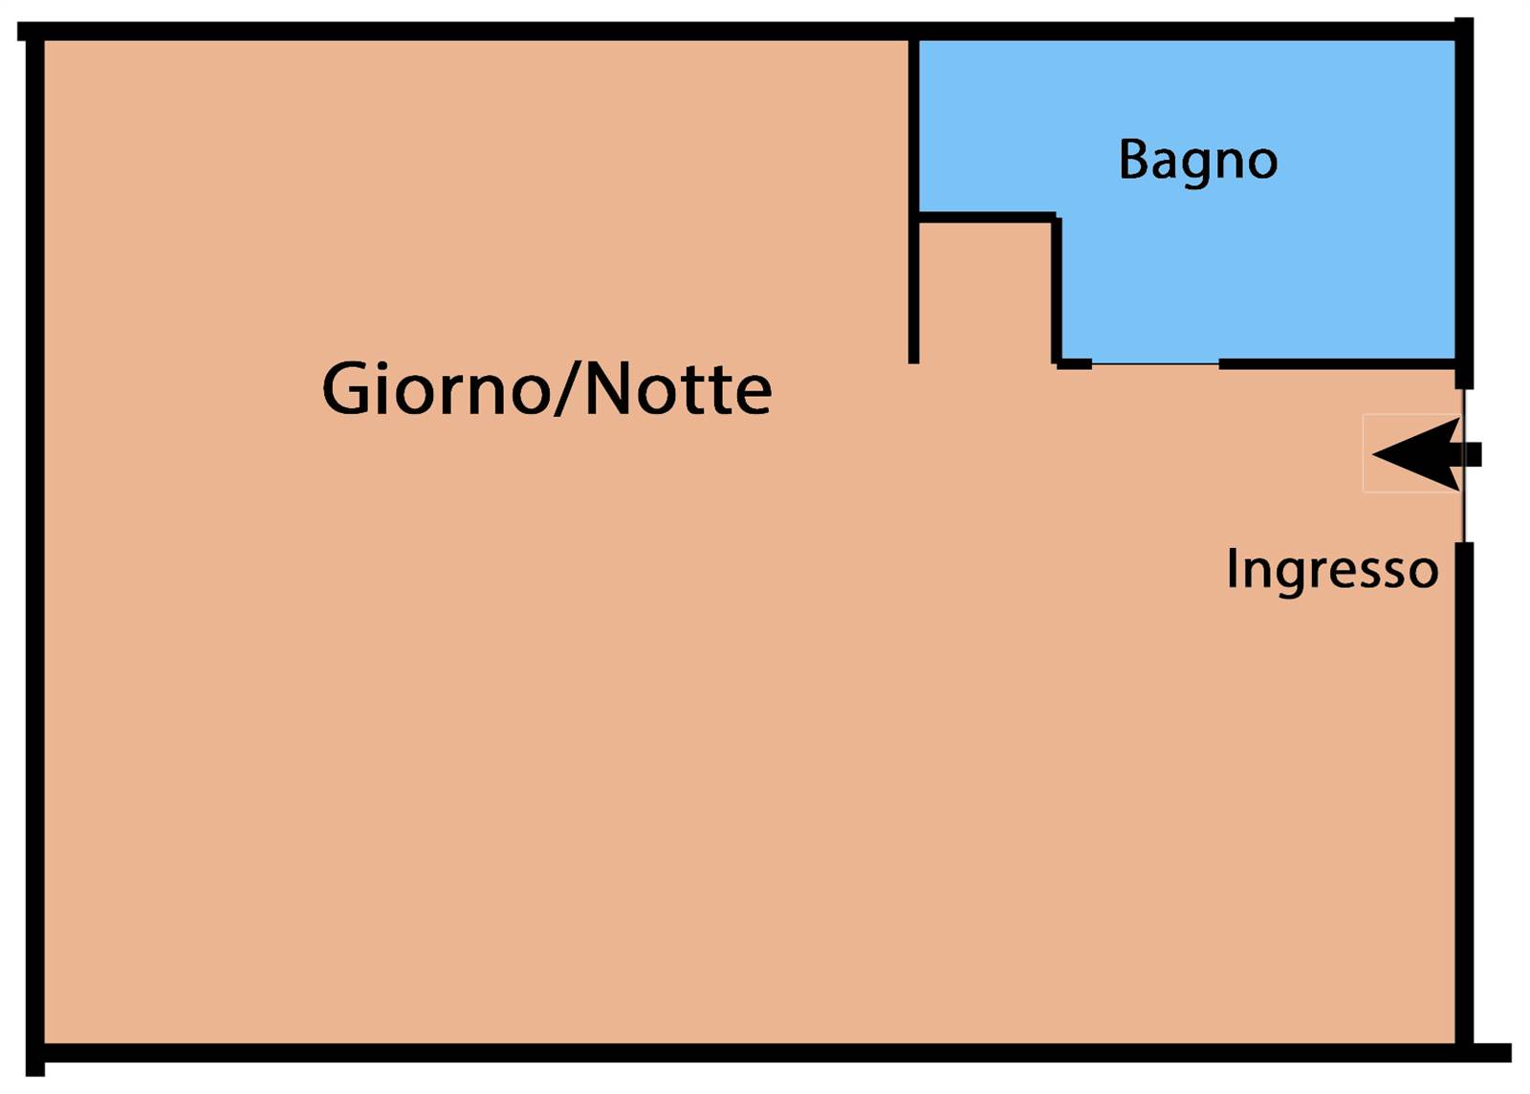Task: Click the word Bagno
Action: (1197, 161)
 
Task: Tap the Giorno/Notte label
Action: (546, 389)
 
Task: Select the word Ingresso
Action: (1332, 570)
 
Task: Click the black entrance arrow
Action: (1425, 454)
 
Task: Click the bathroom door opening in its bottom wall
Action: (1155, 363)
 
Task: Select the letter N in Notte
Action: (608, 388)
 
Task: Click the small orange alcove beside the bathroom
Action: (985, 292)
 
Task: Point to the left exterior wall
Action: (35, 545)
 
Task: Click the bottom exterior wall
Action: (765, 1053)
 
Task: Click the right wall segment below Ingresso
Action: (1463, 794)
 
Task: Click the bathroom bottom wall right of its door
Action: (1339, 363)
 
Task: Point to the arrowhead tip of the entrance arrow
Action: (1375, 454)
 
